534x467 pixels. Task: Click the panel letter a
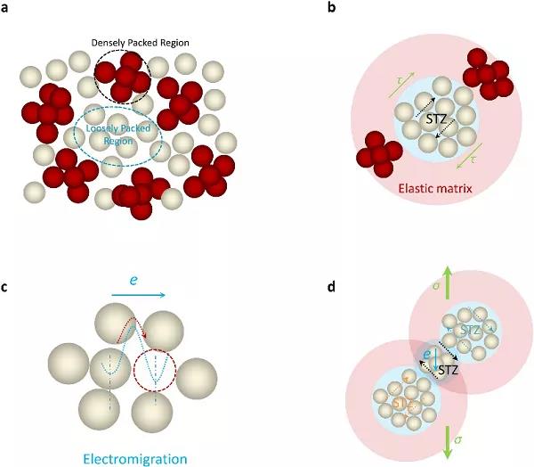point(6,8)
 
